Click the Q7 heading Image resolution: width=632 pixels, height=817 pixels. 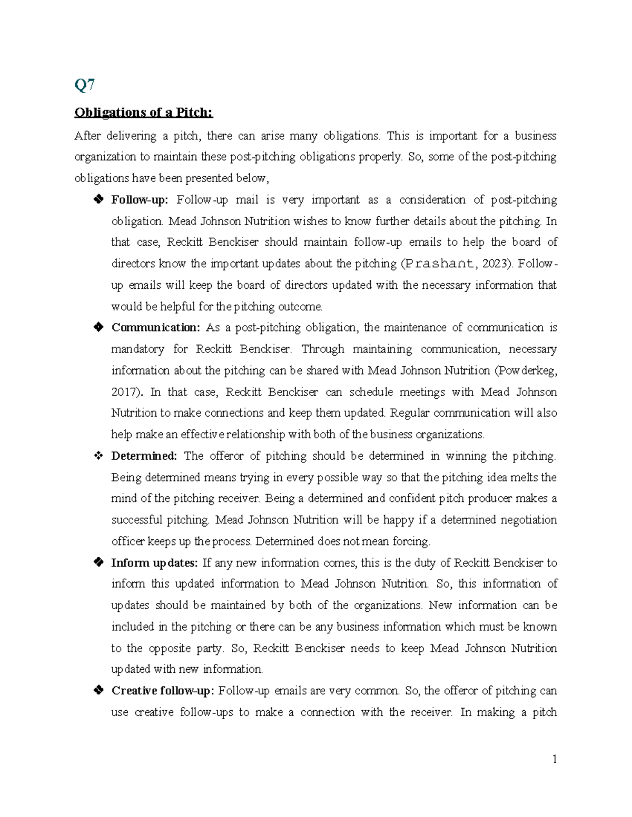(84, 85)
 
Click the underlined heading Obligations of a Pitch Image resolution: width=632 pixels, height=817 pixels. (144, 113)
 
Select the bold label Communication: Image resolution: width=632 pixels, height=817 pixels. (155, 328)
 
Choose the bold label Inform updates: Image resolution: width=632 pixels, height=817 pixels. (154, 563)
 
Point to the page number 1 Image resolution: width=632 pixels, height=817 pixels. (554, 759)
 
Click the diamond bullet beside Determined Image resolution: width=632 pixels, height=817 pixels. (98, 456)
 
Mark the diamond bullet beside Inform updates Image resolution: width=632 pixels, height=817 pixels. (98, 563)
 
